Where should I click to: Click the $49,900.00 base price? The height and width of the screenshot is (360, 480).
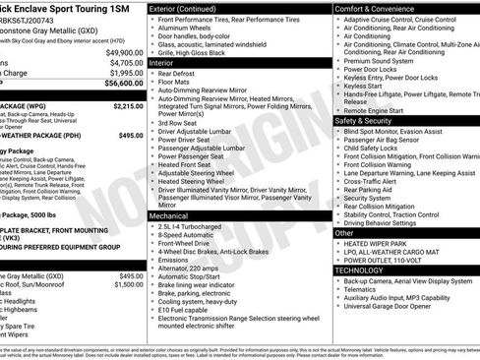point(122,52)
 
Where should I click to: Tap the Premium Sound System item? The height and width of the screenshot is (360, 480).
point(380,60)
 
